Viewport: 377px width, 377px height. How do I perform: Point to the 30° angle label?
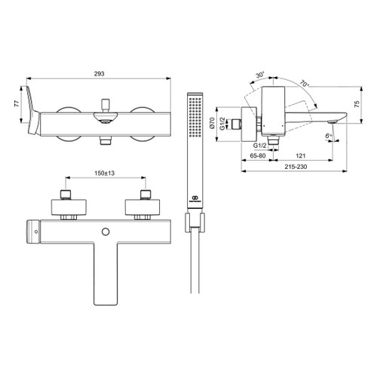tap(259, 75)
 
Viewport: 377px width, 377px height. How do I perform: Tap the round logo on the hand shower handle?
tap(195, 199)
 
